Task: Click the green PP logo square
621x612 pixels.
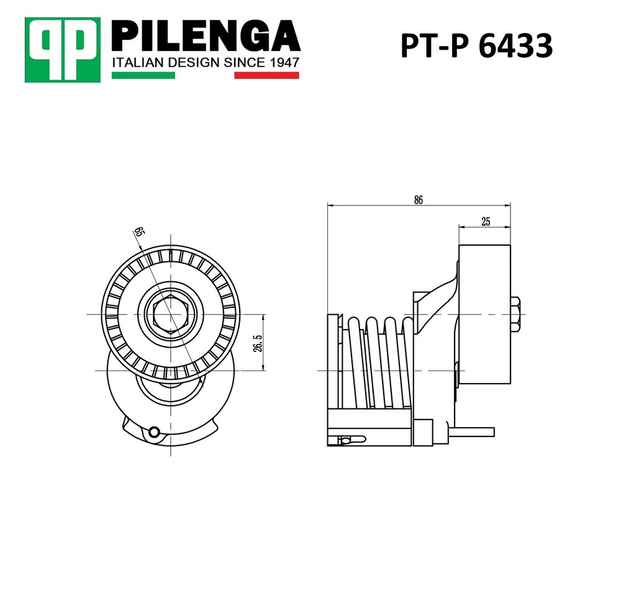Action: [x=63, y=50]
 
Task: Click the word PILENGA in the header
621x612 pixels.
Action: [x=206, y=36]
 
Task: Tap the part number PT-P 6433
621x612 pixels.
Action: [x=476, y=45]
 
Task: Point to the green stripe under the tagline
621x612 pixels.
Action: [x=143, y=75]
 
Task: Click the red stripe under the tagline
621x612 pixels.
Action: [x=266, y=75]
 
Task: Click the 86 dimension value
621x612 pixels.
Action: [x=419, y=200]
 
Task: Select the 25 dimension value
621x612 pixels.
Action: [x=486, y=222]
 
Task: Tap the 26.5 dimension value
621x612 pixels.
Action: [x=258, y=343]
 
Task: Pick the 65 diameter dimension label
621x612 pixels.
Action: [x=138, y=231]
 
